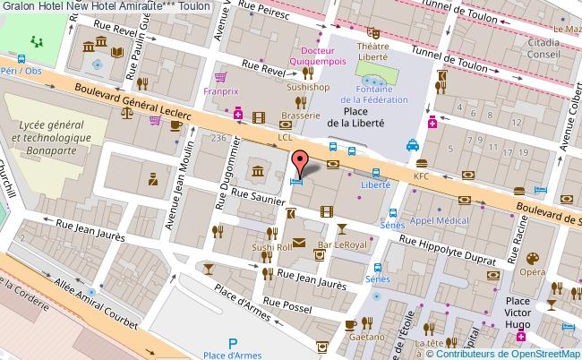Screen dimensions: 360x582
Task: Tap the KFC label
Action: (x=421, y=176)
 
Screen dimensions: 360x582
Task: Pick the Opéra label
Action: (x=534, y=271)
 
